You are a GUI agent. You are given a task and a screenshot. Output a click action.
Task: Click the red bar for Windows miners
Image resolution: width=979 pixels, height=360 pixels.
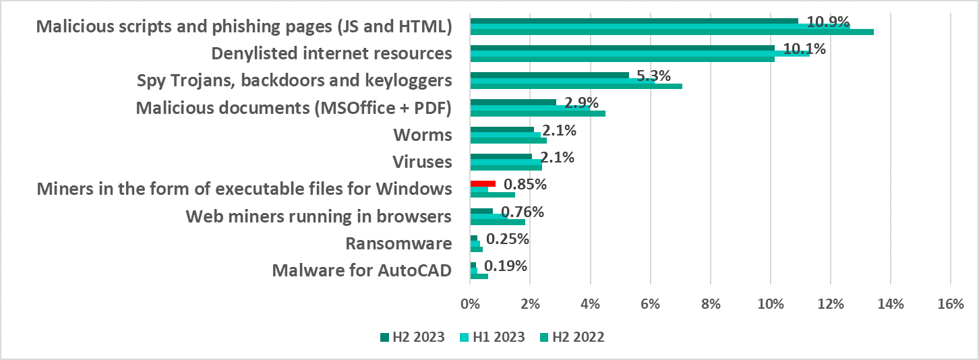[483, 183]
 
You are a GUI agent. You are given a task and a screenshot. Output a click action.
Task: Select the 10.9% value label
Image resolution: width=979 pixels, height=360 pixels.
[828, 22]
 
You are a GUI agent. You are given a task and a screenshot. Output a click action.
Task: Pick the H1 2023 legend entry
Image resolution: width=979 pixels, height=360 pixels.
[491, 338]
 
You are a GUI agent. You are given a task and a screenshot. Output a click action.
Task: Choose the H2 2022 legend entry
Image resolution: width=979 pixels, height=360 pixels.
[572, 338]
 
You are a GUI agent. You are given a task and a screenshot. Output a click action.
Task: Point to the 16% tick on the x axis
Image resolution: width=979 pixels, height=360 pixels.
[950, 304]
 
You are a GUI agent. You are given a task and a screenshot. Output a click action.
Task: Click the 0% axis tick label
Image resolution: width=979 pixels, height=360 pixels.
[470, 304]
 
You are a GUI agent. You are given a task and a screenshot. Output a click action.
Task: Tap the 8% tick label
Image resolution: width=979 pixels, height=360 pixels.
[710, 304]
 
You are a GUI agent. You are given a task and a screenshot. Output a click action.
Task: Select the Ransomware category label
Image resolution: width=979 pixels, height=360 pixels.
[398, 243]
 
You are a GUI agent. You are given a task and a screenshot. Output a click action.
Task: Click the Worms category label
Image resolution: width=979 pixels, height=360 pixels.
[422, 135]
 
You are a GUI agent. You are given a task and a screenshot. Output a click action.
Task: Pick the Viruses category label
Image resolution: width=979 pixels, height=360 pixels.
[422, 162]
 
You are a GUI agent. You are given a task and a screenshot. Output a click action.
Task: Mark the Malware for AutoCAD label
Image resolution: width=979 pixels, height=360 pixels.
[361, 270]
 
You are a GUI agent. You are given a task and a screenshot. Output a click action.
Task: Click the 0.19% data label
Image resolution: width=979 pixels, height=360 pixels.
[506, 266]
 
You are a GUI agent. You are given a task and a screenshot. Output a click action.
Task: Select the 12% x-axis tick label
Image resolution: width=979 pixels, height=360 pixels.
[830, 304]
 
